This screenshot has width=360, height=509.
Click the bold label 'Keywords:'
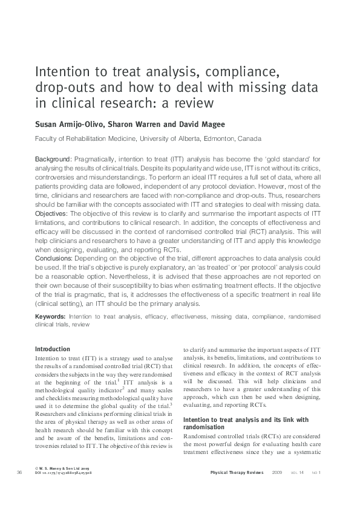point(50,316)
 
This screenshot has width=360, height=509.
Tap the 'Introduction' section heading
point(53,349)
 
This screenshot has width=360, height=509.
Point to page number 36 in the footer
point(19,472)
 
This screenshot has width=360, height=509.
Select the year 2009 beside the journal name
point(277,472)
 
